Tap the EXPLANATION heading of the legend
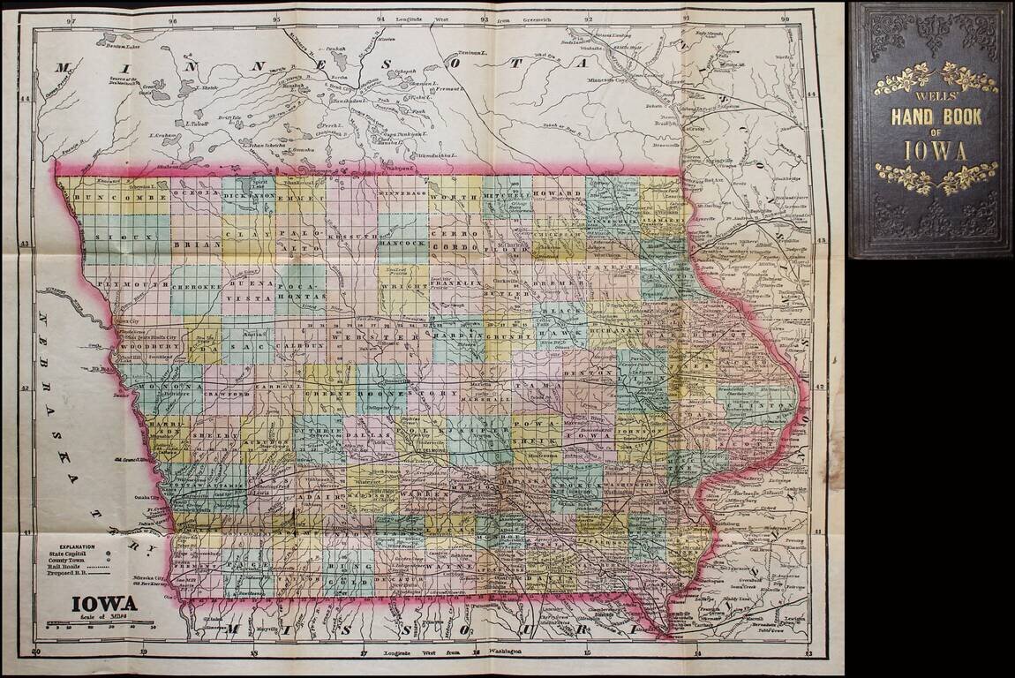[74, 549]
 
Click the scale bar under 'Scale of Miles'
[101, 625]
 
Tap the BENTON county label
[599, 373]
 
